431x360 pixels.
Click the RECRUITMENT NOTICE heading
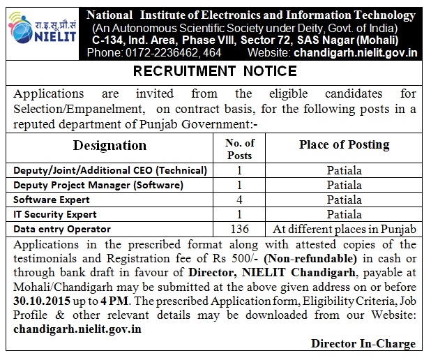tap(215, 72)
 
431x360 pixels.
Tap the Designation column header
tap(110, 146)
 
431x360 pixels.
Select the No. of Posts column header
tap(240, 149)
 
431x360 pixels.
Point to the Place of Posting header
tap(344, 144)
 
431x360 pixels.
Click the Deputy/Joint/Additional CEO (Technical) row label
tap(110, 170)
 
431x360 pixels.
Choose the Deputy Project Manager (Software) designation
tap(98, 185)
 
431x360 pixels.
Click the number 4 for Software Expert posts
tap(240, 200)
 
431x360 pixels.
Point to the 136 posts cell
tap(240, 230)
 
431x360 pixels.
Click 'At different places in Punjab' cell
tap(344, 230)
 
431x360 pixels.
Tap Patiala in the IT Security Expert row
tap(344, 215)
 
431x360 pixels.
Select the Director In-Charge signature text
tap(363, 343)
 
